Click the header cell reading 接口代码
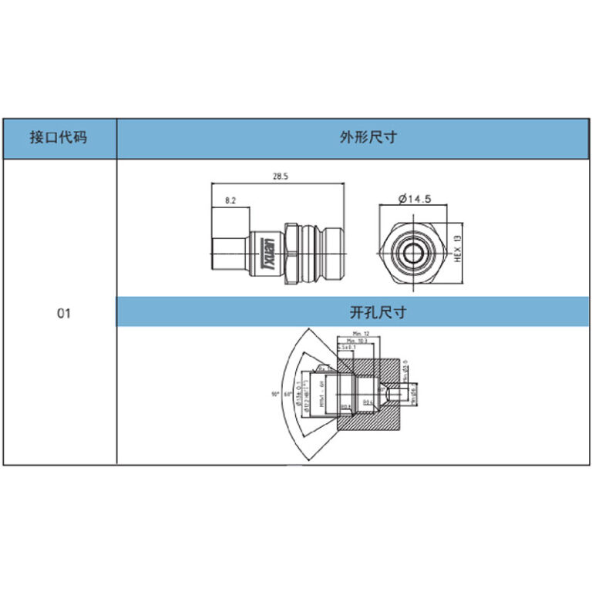click(x=58, y=139)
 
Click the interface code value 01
click(x=63, y=314)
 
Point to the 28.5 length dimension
click(x=280, y=177)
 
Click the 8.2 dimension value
click(x=230, y=200)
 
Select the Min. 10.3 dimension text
click(x=355, y=340)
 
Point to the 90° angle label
click(x=274, y=394)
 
